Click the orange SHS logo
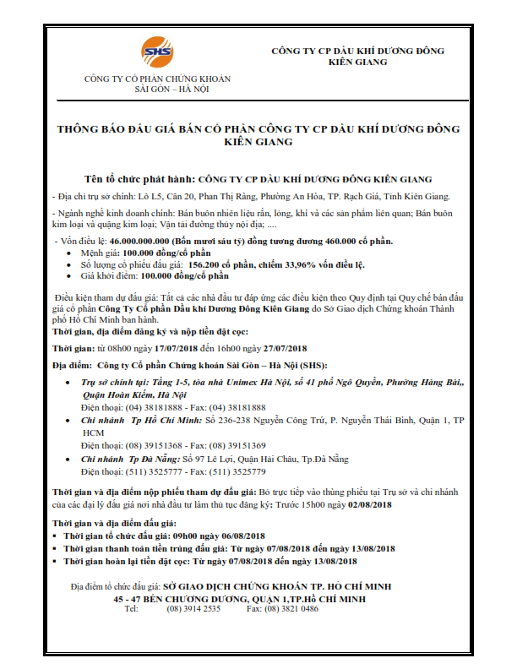[x=156, y=52]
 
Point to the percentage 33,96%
[x=303, y=264]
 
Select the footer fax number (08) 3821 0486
[x=297, y=608]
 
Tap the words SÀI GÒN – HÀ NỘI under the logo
[x=156, y=88]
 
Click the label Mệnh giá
[x=100, y=253]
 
